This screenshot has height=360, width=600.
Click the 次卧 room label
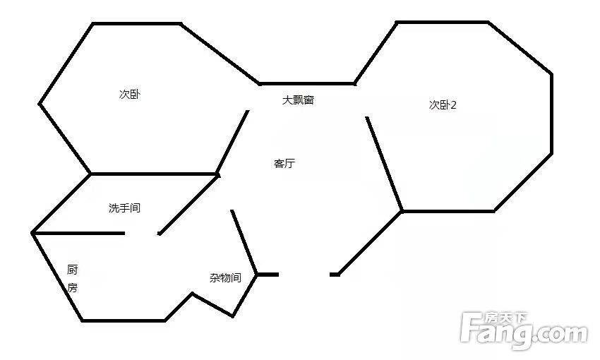click(130, 94)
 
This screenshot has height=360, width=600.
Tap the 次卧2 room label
click(443, 105)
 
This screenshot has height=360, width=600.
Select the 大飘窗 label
click(298, 100)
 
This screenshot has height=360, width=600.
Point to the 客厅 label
click(284, 163)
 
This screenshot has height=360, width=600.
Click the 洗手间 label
click(125, 208)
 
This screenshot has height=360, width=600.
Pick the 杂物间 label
click(225, 277)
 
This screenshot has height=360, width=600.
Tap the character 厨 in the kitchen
click(72, 270)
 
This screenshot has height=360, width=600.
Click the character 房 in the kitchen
click(72, 287)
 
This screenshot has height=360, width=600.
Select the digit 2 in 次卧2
click(454, 105)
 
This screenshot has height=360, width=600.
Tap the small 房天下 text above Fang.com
click(506, 318)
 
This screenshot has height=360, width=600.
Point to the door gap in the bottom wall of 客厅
click(304, 275)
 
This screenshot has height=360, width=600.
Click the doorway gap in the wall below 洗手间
click(141, 234)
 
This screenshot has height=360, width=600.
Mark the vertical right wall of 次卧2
click(551, 114)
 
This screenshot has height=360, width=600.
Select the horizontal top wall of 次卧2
click(443, 23)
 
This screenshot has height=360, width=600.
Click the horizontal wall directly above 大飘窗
click(307, 83)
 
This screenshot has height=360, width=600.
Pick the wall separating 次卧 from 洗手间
click(154, 174)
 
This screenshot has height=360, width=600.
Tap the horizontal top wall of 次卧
click(137, 24)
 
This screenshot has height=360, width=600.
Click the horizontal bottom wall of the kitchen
click(124, 320)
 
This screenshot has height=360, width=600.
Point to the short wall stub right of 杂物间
click(268, 275)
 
